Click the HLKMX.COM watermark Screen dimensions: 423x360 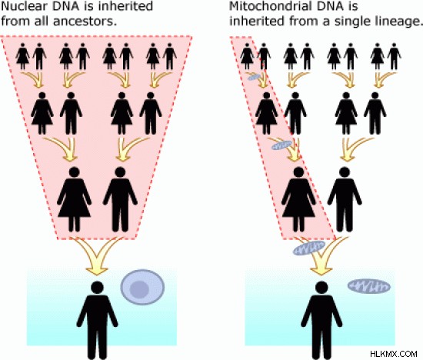[394, 354]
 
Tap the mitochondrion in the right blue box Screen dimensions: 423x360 [369, 287]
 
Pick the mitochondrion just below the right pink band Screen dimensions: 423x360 [309, 248]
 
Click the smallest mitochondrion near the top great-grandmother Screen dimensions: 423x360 [254, 77]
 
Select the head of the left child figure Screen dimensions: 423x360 [97, 288]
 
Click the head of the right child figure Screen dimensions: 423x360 [321, 288]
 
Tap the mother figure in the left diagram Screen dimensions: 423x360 [74, 199]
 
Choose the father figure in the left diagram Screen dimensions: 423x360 [120, 199]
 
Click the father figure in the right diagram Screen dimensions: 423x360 [345, 199]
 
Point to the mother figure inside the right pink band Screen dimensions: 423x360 [298, 199]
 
